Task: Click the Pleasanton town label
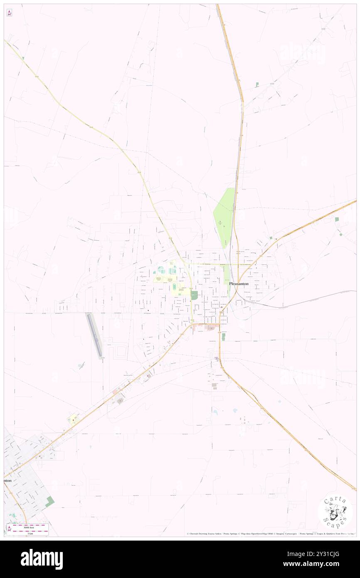239,283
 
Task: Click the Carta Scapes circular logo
335,513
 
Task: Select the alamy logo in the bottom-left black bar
42,559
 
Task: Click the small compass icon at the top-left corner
9,12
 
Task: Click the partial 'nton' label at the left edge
7,480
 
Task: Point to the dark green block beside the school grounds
194,295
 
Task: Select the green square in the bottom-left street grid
50,501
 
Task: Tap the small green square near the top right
257,84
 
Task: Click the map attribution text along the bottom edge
270,534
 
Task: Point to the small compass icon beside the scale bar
9,529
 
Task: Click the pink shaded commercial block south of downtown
211,328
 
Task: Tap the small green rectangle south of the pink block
223,336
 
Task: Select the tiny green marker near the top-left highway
23,58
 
